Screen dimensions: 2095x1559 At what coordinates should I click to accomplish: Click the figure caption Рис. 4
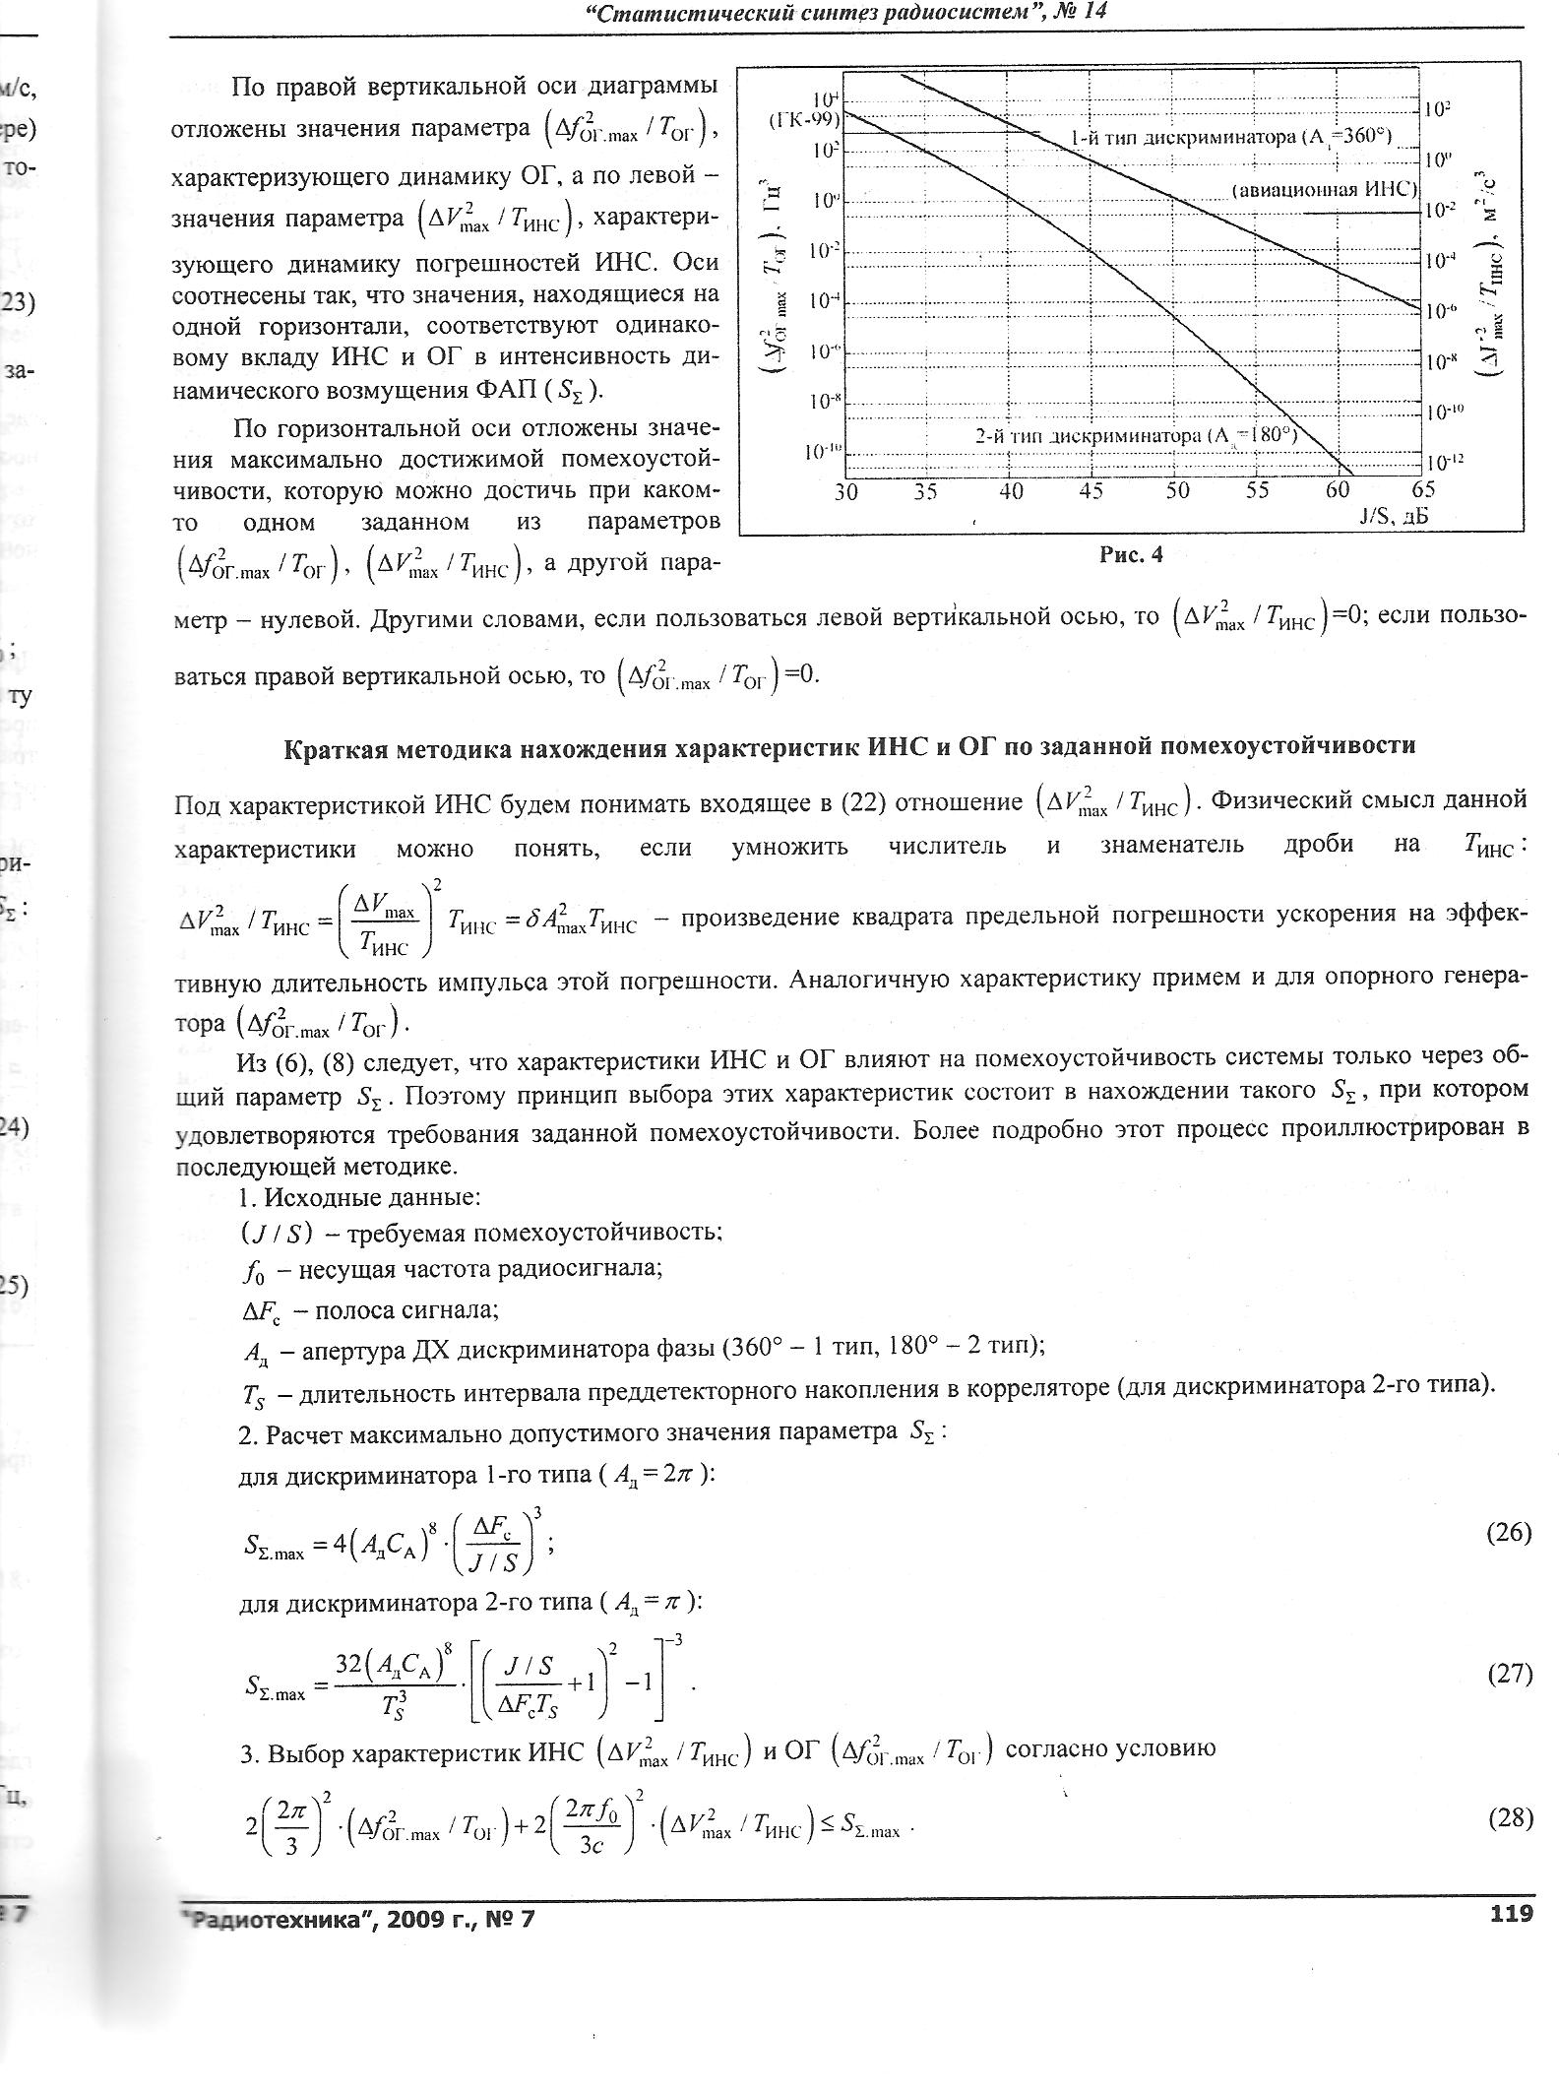(x=1130, y=555)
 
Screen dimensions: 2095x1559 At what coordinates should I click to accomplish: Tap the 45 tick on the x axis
(x=1091, y=491)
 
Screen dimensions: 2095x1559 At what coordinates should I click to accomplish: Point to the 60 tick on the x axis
(x=1338, y=491)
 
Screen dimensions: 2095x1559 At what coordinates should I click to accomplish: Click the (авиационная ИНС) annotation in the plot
(x=1324, y=190)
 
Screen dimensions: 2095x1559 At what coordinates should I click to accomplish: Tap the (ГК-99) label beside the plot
(x=803, y=120)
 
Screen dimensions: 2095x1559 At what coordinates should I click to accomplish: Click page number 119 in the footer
(x=1512, y=1913)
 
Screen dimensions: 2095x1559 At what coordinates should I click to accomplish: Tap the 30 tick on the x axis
(x=846, y=491)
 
